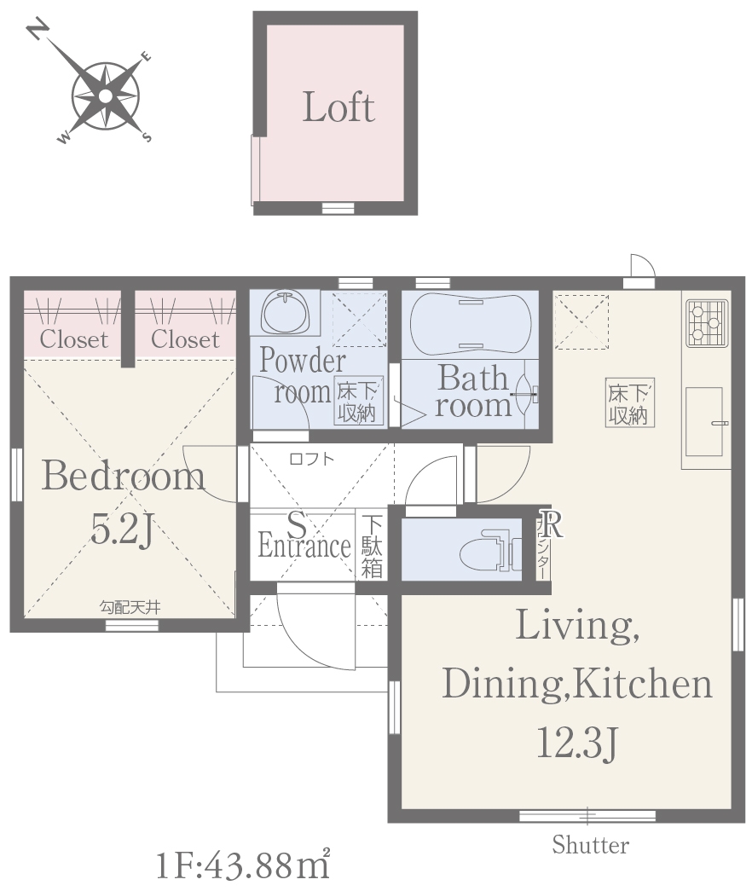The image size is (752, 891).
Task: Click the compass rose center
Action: coord(106,96)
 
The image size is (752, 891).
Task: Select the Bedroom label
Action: coord(124,476)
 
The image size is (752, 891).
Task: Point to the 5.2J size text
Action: coord(122,530)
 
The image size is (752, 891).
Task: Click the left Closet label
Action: coord(74,339)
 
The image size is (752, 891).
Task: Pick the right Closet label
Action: coord(185,339)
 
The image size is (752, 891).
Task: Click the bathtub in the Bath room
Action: coord(471,324)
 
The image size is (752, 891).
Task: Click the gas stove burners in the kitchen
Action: coord(707,323)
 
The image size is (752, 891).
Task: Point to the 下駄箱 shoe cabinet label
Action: coord(372,546)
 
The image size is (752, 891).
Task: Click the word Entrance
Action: coord(304,546)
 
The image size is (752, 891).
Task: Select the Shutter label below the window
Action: coord(591,845)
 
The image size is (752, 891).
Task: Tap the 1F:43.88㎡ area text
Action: coord(243,864)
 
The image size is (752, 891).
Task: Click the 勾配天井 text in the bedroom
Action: coord(130,607)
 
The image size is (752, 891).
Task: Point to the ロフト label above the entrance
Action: coord(311,459)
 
